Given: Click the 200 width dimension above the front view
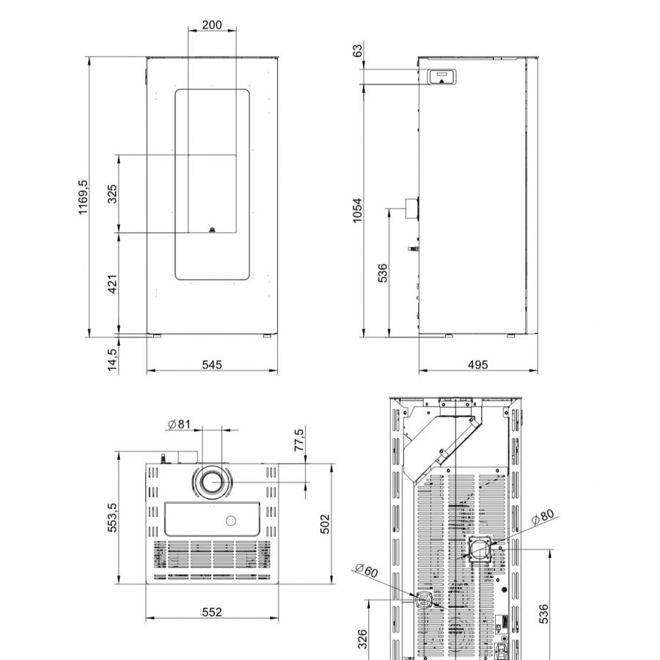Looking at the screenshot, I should [x=211, y=25].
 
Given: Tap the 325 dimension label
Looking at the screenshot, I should [x=112, y=194].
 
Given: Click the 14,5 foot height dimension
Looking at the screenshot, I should [x=112, y=359].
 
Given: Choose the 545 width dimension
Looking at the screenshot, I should [x=212, y=364].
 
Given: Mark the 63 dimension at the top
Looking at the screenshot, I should [x=357, y=51].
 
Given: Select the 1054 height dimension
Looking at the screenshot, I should [x=357, y=210].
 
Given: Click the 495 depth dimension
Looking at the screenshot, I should [x=477, y=364].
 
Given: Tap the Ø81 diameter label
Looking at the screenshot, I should [x=179, y=425].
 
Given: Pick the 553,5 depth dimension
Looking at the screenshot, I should [x=112, y=518].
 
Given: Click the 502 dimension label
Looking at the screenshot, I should [x=325, y=524].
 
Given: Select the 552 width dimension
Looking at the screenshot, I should [x=212, y=612].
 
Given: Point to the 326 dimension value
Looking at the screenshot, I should [x=362, y=639].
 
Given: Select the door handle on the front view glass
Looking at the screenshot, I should [x=212, y=228].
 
